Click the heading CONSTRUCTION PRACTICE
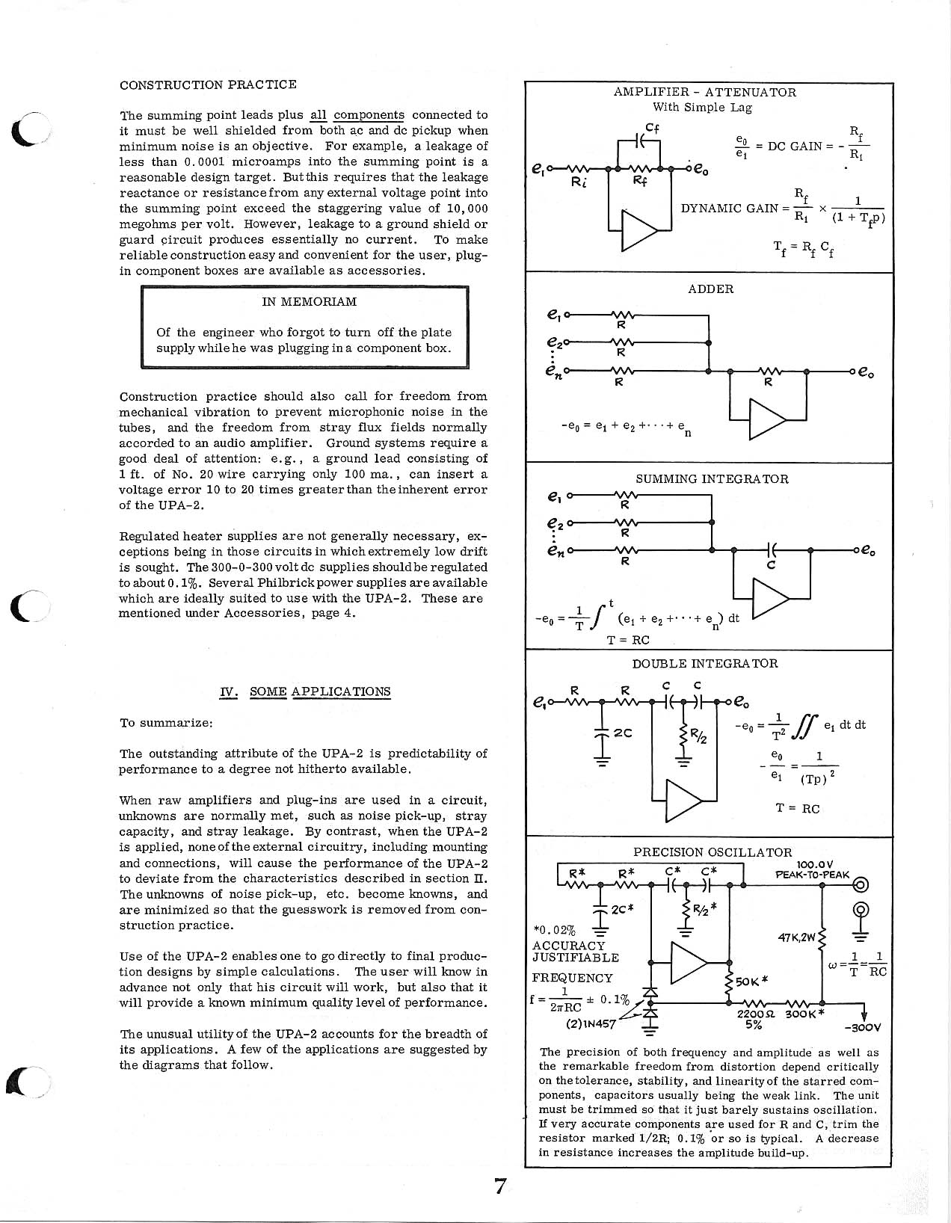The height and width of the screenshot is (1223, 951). coord(208,84)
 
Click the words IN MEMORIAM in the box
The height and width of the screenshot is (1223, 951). coord(309,302)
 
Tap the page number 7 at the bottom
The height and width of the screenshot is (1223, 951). coord(501,1186)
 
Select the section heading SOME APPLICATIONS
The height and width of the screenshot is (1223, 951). coord(319,691)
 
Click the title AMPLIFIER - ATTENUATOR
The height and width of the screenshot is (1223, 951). coord(704,93)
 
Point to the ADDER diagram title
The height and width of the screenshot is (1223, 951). coord(710,289)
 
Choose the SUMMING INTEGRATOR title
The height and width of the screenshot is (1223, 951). coord(711,479)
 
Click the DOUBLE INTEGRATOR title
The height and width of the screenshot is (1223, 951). coord(704,664)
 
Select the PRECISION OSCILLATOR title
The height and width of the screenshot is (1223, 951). coord(712,852)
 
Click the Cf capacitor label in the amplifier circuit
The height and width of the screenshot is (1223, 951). coord(652,128)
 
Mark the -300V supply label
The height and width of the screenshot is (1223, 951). coord(863,1027)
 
